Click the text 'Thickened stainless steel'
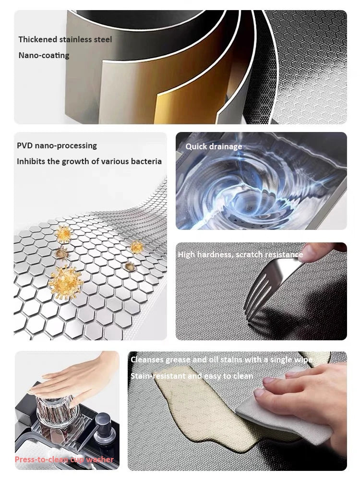click(65, 39)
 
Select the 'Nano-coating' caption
click(44, 55)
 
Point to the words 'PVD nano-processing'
click(57, 145)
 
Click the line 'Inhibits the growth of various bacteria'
click(89, 161)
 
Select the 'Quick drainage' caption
click(214, 146)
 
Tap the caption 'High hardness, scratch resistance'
click(240, 254)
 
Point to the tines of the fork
click(254, 298)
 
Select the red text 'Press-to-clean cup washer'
click(64, 459)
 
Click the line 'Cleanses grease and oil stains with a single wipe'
click(221, 360)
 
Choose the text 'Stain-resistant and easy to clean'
click(192, 376)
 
